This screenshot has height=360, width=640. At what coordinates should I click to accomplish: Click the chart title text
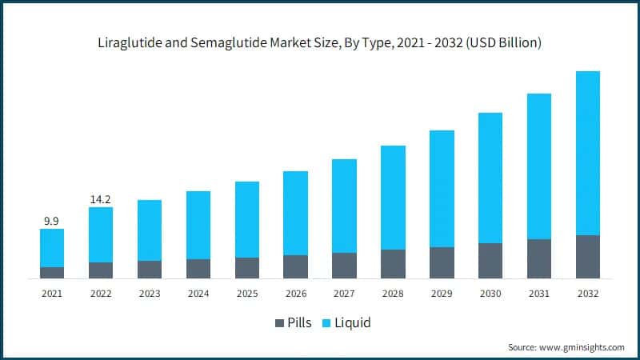[320, 42]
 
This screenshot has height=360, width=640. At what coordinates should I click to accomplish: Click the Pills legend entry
[301, 323]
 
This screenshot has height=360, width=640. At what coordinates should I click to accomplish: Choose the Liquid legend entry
[352, 323]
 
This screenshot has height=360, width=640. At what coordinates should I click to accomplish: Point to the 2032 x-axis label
[587, 294]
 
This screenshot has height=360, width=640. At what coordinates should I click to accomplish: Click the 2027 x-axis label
[344, 294]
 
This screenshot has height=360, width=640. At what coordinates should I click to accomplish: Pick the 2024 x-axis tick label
[198, 294]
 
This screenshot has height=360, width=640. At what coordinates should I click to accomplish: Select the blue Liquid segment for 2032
[587, 152]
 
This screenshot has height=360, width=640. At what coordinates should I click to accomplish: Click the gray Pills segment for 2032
[587, 257]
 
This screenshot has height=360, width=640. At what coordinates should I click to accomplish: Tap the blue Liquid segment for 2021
[52, 248]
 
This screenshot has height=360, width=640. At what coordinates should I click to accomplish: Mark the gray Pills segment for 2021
[52, 273]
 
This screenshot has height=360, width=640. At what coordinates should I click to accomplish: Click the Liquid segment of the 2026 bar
[295, 213]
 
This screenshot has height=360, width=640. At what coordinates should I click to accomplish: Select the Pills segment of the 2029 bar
[442, 262]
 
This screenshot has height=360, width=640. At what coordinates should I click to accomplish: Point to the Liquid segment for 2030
[490, 178]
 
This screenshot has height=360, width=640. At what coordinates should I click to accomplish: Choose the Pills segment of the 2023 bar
[150, 270]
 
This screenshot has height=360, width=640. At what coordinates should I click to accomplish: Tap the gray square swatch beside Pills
[279, 323]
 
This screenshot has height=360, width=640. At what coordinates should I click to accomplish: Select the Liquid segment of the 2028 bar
[393, 197]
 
